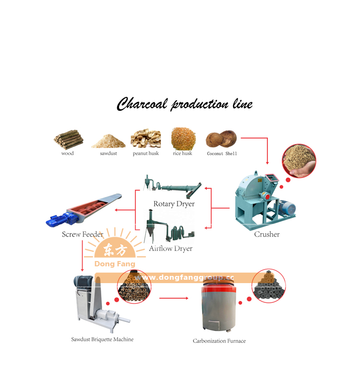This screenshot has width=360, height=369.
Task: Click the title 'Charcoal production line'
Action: click(185, 104)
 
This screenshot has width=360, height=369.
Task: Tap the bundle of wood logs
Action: click(68, 140)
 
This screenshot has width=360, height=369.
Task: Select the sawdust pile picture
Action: click(108, 141)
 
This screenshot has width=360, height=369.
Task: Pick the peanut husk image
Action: click(146, 138)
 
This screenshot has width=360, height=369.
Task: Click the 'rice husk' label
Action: click(182, 153)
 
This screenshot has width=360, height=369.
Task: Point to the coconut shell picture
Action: click(221, 139)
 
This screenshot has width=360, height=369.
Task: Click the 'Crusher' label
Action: click(267, 234)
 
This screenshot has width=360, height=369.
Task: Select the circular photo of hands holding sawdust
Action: click(299, 161)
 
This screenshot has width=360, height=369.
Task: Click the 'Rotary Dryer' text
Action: click(174, 204)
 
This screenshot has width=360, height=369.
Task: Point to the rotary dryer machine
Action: click(172, 187)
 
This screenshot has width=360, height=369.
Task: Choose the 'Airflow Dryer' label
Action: click(171, 249)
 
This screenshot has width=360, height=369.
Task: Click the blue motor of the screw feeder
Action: click(62, 219)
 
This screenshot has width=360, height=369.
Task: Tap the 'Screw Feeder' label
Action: click(83, 234)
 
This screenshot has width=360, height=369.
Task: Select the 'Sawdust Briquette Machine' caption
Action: click(102, 339)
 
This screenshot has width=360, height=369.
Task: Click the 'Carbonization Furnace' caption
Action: click(219, 341)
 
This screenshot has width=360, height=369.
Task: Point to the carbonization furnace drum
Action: click(219, 306)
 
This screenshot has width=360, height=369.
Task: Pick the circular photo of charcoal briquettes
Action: click(269, 286)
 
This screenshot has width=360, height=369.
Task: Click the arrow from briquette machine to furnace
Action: click(174, 298)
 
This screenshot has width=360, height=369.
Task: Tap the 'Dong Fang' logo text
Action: click(115, 264)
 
